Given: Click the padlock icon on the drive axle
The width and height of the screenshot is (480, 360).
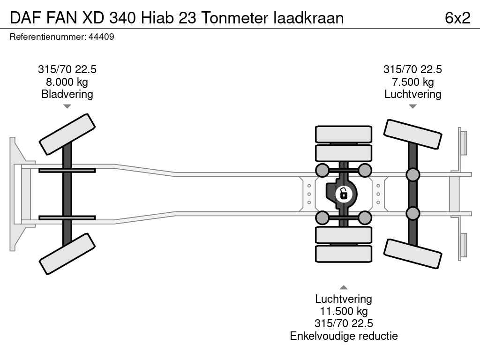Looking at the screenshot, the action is pyautogui.click(x=344, y=194).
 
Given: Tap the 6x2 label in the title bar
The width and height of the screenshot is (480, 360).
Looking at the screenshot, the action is pyautogui.click(x=457, y=18).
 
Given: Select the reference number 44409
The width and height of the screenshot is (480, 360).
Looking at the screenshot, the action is pyautogui.click(x=101, y=37).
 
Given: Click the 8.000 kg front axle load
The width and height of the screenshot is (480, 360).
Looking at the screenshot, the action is pyautogui.click(x=67, y=82).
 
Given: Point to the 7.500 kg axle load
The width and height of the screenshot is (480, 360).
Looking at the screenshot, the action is pyautogui.click(x=412, y=82).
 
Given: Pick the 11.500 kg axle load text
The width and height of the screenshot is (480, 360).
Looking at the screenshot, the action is pyautogui.click(x=344, y=311).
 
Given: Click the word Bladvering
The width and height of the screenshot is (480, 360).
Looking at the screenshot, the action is pyautogui.click(x=67, y=94).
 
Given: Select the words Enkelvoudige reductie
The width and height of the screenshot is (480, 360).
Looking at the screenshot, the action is pyautogui.click(x=344, y=336).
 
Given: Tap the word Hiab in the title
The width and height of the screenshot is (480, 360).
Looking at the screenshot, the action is pyautogui.click(x=157, y=18).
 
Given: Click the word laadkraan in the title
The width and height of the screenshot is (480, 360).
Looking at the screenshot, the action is pyautogui.click(x=308, y=18).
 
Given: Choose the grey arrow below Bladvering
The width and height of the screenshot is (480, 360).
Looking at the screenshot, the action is pyautogui.click(x=67, y=106).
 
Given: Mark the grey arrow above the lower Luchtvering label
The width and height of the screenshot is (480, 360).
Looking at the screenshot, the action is pyautogui.click(x=344, y=287).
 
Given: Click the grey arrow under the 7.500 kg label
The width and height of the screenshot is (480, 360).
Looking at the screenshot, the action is pyautogui.click(x=412, y=106).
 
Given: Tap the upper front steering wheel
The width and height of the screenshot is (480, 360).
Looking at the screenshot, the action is pyautogui.click(x=67, y=135).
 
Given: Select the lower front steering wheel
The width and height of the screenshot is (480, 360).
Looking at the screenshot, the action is pyautogui.click(x=67, y=254).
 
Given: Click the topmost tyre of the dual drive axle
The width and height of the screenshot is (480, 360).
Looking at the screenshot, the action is pyautogui.click(x=344, y=134).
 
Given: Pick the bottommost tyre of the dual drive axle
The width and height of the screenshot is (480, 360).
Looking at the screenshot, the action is pyautogui.click(x=344, y=254).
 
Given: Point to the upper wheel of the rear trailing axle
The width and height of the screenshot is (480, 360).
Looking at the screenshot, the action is pyautogui.click(x=412, y=135).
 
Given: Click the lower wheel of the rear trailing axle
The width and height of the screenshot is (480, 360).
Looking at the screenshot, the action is pyautogui.click(x=412, y=254).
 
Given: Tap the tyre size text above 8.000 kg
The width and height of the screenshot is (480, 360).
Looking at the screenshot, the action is pyautogui.click(x=67, y=69).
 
